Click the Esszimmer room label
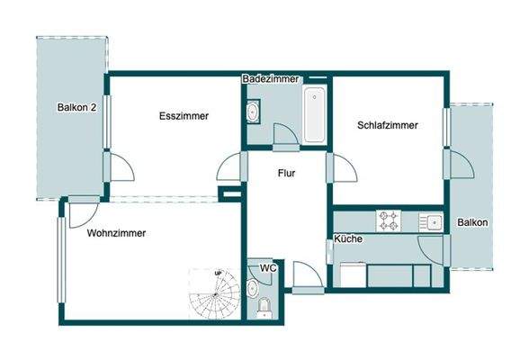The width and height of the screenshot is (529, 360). click(x=184, y=117)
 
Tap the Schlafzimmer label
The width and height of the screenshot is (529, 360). click(x=386, y=126)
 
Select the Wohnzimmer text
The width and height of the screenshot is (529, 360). click(x=116, y=233)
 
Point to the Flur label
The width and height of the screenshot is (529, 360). click(x=286, y=173)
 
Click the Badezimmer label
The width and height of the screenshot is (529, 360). click(x=271, y=79)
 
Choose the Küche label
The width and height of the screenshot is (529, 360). click(x=348, y=239)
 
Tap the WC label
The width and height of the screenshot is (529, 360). click(x=267, y=268)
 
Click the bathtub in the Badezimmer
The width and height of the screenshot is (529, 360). click(x=315, y=115)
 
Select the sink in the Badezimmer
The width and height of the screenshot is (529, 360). click(x=253, y=112)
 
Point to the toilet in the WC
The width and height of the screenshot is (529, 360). click(x=264, y=309)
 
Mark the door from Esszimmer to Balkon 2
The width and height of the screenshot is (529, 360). click(x=117, y=166)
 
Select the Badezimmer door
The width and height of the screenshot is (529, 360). click(x=285, y=135)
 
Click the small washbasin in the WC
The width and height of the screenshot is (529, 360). click(x=253, y=289)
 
